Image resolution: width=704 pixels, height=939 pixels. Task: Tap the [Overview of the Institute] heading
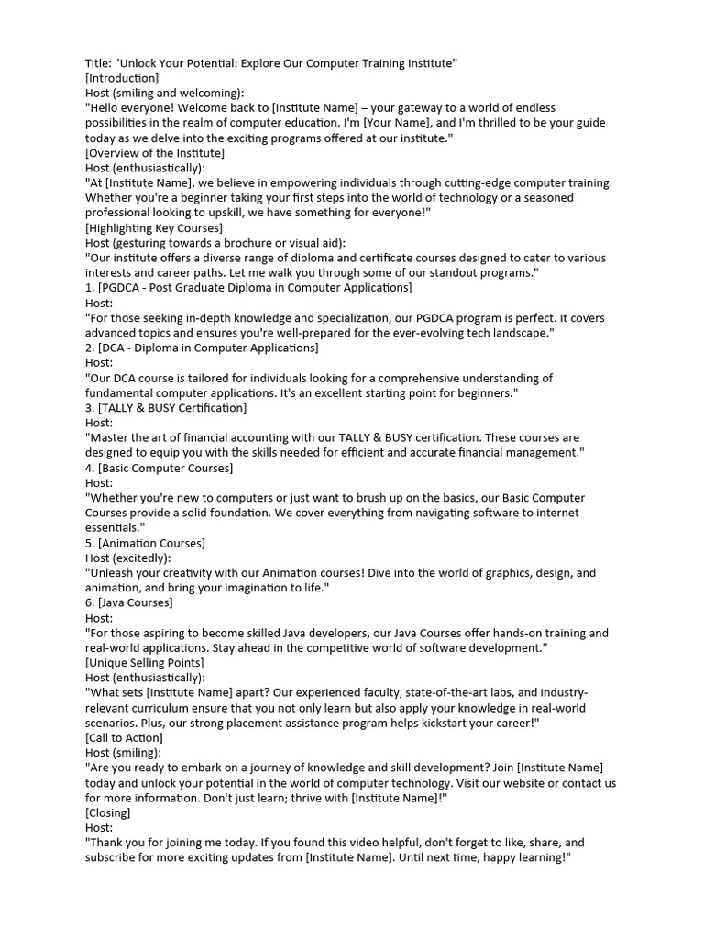click(154, 153)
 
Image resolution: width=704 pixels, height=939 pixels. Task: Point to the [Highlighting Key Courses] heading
click(153, 228)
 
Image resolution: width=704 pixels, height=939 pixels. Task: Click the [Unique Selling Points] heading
click(144, 662)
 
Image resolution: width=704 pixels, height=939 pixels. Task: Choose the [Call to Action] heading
click(124, 737)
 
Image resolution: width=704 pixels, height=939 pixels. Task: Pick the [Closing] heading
click(107, 812)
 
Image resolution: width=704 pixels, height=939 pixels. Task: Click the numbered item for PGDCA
click(248, 288)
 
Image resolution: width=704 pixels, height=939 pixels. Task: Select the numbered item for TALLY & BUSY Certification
click(166, 408)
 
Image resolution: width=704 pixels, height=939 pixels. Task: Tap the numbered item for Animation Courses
click(145, 543)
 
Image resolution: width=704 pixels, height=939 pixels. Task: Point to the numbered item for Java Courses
click(128, 602)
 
